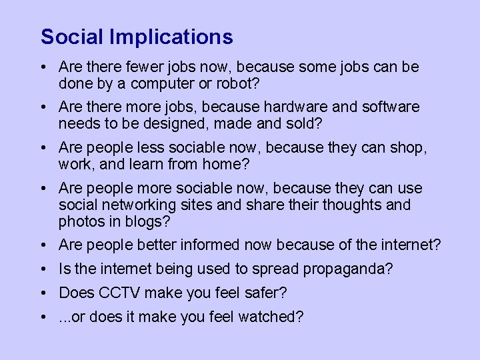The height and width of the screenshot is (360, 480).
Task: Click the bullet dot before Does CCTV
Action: click(43, 293)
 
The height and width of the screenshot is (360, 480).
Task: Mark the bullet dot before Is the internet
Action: click(43, 270)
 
